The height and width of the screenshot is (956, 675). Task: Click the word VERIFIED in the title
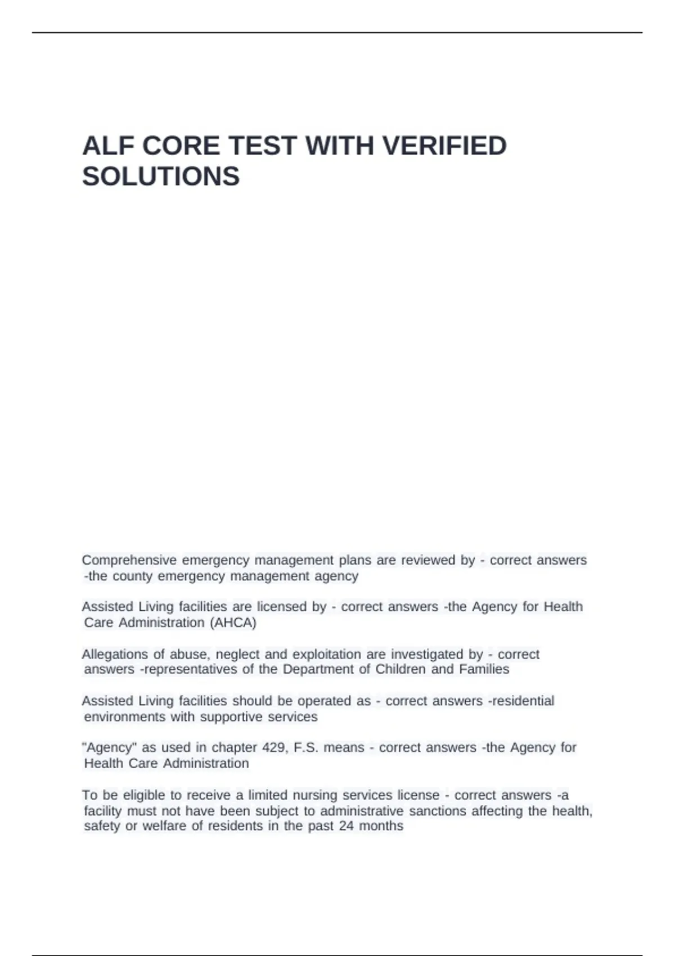[x=444, y=146]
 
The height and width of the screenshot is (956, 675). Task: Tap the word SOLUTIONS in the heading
[x=161, y=177]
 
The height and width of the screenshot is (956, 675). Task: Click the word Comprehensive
[x=129, y=560]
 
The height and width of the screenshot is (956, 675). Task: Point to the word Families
[x=484, y=669]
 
